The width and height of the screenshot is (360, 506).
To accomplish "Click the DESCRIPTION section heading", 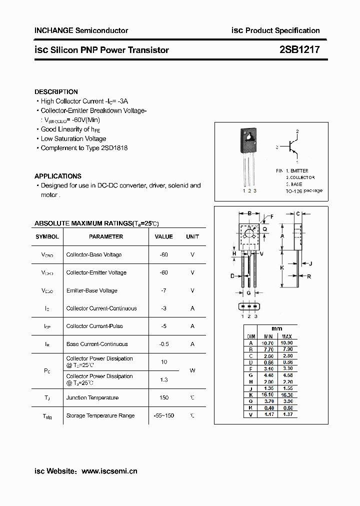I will (56, 92).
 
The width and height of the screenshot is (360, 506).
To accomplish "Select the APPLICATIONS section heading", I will (57, 176).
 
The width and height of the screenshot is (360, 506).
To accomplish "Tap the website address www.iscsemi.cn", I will (109, 471).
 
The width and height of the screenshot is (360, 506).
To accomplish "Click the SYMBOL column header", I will (47, 236).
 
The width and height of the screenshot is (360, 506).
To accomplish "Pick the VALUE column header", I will (163, 236).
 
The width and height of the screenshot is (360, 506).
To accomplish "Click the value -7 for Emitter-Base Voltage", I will (163, 290).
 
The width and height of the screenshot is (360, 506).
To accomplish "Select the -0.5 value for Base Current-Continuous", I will (163, 344).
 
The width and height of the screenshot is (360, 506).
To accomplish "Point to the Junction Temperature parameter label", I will (92, 398).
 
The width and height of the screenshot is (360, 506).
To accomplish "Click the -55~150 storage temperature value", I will (163, 415).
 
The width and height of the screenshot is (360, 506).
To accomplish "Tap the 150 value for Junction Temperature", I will (163, 398).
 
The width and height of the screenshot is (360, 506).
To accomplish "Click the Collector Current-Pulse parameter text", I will (94, 326).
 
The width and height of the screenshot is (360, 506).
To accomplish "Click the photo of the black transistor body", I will (248, 140).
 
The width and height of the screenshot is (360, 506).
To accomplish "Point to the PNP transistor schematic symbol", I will (291, 147).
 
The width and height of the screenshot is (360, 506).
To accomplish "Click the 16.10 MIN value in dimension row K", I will (268, 394).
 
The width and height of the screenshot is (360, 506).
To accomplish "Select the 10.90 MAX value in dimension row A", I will (287, 343).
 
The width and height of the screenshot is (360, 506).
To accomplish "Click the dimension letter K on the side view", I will (282, 267).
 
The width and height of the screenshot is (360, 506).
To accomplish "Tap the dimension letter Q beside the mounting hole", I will (264, 229).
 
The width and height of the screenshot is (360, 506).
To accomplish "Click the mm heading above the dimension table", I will (276, 328).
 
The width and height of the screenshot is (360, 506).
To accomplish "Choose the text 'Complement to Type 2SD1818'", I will (84, 148).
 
